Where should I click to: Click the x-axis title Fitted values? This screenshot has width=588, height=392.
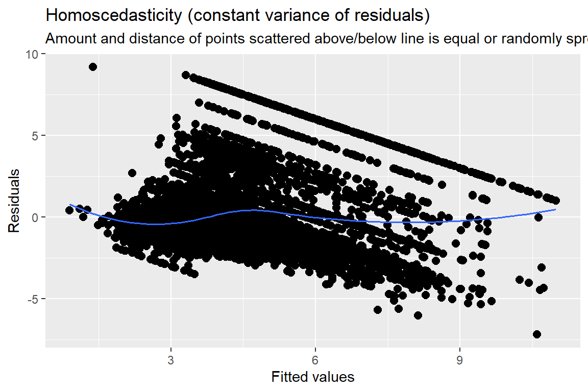pos(313,377)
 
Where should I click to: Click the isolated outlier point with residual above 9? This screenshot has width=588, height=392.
pos(93,67)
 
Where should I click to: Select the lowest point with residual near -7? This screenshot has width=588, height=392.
pos(536,334)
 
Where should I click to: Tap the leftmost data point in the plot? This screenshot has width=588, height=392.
pos(69,210)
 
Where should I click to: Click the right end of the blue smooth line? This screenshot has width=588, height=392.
pos(555,209)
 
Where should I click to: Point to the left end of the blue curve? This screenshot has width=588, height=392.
pos(70,204)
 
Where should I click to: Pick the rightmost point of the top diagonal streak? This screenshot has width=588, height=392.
pos(556,201)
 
